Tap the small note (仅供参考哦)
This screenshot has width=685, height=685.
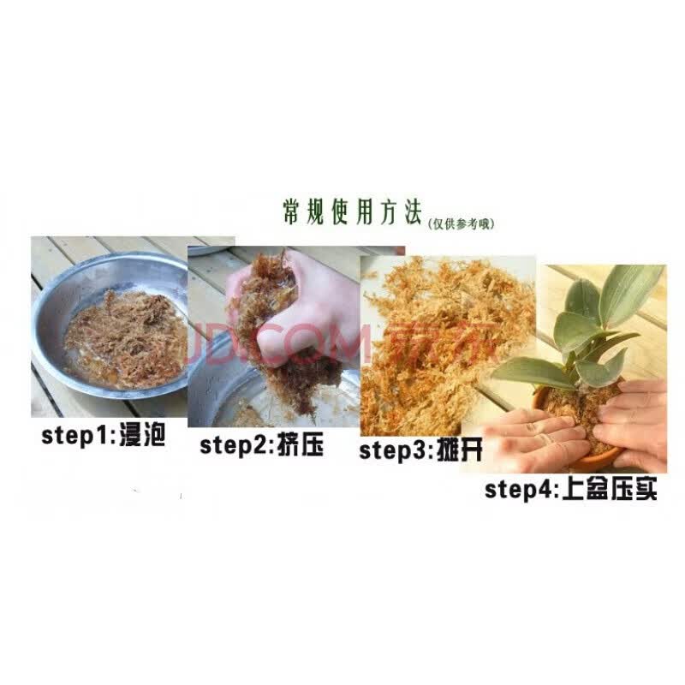[x=462, y=223]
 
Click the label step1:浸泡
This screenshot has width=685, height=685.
[x=103, y=436]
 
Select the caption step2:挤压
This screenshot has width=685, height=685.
[x=262, y=445]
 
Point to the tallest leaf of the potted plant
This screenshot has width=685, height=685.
[x=634, y=291]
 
